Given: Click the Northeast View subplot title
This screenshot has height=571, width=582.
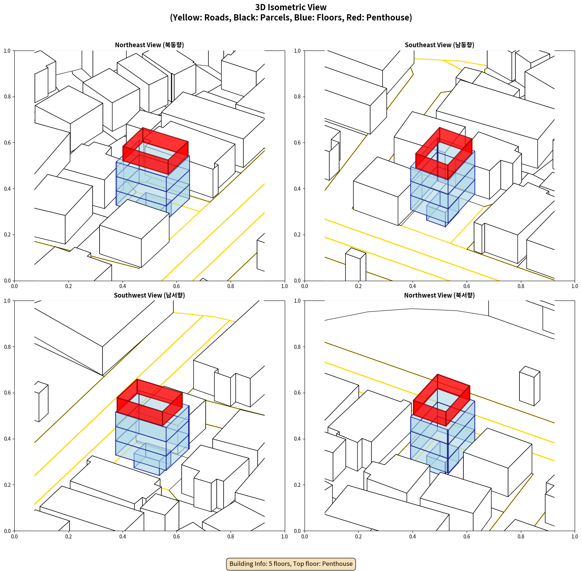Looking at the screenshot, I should tap(149, 45).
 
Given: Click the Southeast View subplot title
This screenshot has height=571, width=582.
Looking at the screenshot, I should tap(439, 45).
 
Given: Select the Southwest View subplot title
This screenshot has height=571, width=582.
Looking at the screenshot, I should tap(149, 295).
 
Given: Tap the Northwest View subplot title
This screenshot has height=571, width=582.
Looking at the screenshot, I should tap(439, 295).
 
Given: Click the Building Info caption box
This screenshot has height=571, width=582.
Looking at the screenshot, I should tap(291, 564).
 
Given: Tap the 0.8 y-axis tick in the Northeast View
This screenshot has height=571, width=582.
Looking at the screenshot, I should tap(7, 97).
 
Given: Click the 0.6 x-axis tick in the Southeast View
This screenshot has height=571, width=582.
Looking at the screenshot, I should tap(467, 286).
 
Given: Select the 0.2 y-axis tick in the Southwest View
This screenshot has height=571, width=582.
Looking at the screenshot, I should tap(7, 485).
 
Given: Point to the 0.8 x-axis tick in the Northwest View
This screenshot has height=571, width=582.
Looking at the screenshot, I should tap(521, 537).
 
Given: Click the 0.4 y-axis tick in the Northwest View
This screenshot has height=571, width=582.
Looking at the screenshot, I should tap(297, 439).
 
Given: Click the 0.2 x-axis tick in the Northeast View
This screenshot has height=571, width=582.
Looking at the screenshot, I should tap(68, 286).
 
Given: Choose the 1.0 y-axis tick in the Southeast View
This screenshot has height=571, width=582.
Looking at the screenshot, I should tap(297, 51).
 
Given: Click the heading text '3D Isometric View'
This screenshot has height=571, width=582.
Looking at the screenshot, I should tap(291, 7).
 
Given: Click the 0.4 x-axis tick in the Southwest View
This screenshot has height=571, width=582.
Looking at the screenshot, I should tap(123, 537).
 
